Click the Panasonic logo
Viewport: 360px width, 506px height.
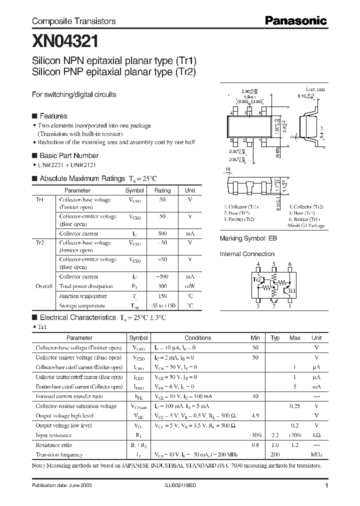click(295, 20)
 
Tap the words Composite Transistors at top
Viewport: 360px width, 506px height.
click(73, 21)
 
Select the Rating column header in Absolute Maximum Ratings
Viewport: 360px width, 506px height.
click(162, 190)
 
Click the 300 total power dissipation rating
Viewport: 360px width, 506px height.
click(162, 286)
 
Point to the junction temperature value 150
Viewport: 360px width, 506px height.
click(162, 296)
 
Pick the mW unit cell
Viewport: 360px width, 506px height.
click(190, 286)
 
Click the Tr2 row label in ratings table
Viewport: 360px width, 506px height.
click(40, 243)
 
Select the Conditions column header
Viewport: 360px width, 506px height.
click(198, 338)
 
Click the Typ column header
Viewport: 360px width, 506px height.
click(275, 338)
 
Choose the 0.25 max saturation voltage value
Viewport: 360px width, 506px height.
click(294, 406)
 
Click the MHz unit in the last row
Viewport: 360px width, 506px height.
click(316, 454)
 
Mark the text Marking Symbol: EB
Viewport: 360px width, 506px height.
click(248, 239)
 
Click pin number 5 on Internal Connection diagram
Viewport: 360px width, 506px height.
click(274, 264)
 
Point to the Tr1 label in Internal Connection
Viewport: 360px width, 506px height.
click(292, 290)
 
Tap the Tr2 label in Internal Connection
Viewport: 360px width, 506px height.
click(257, 280)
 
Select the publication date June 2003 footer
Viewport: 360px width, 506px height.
click(61, 485)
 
